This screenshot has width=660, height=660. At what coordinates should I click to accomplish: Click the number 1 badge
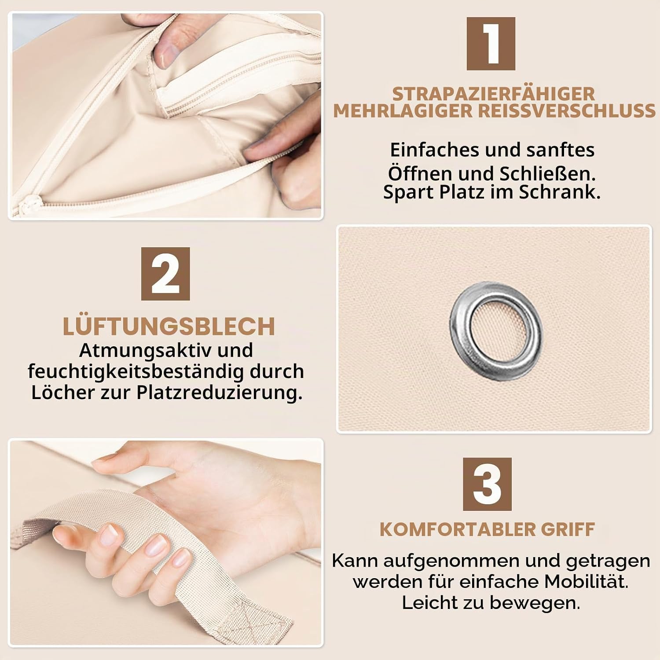(491, 44)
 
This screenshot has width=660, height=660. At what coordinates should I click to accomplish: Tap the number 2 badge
(165, 274)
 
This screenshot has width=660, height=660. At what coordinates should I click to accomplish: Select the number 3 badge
(487, 484)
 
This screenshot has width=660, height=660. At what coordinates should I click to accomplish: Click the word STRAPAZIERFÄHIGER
(494, 94)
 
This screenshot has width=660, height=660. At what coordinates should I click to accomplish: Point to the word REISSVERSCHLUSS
(567, 111)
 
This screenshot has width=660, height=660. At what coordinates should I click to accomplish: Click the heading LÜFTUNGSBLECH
(169, 326)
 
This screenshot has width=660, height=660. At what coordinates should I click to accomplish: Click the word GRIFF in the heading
(568, 529)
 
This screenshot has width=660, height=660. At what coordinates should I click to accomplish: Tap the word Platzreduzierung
(220, 392)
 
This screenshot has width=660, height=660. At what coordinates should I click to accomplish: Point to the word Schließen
(548, 173)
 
